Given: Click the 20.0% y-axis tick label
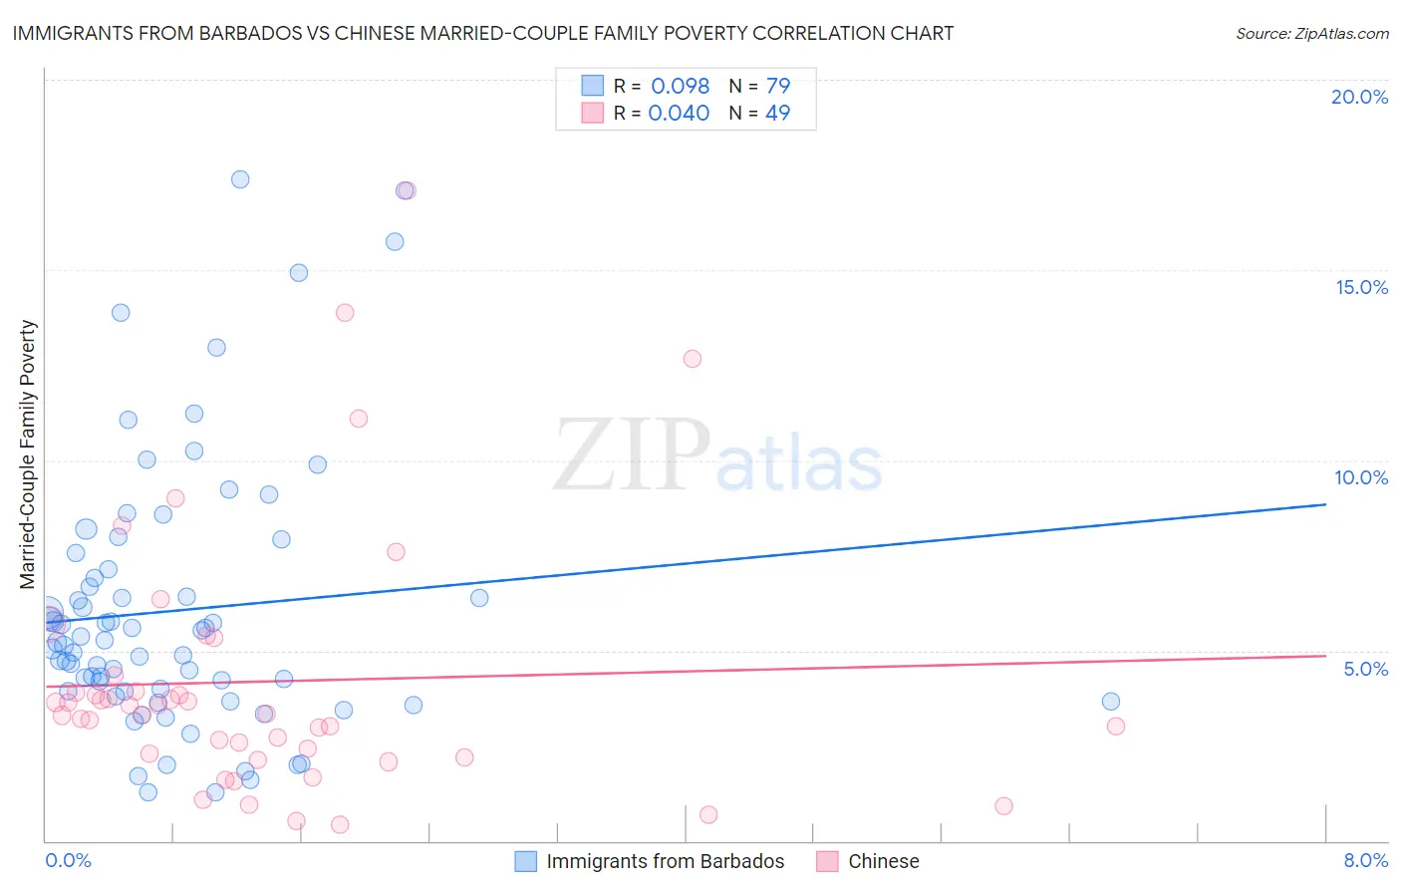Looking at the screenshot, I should pyautogui.click(x=1359, y=97).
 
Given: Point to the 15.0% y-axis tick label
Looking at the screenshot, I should pyautogui.click(x=1361, y=287).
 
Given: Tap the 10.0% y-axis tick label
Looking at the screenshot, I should pyautogui.click(x=1361, y=477).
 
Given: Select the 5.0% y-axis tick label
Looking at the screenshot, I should pyautogui.click(x=1365, y=669).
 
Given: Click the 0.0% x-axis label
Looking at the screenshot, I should pyautogui.click(x=68, y=860).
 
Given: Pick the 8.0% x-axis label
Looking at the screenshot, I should pyautogui.click(x=1365, y=860).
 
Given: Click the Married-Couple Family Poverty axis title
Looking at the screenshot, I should pyautogui.click(x=28, y=453).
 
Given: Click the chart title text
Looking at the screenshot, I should pyautogui.click(x=482, y=33).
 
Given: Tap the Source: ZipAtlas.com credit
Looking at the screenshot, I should pyautogui.click(x=1311, y=33).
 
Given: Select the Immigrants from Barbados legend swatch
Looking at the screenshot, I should pyautogui.click(x=525, y=861).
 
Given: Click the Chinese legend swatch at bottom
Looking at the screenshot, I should pyautogui.click(x=827, y=861).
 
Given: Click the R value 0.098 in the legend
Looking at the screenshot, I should pyautogui.click(x=680, y=86).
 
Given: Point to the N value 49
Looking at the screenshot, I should pyautogui.click(x=777, y=113).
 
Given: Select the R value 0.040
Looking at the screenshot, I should pyautogui.click(x=679, y=113).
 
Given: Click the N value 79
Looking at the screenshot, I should pyautogui.click(x=777, y=86).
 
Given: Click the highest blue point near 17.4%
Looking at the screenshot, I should pyautogui.click(x=240, y=179).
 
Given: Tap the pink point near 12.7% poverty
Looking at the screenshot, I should pyautogui.click(x=693, y=359).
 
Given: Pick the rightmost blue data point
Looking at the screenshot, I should pyautogui.click(x=1111, y=702).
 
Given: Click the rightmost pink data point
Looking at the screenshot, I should pyautogui.click(x=1116, y=727).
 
